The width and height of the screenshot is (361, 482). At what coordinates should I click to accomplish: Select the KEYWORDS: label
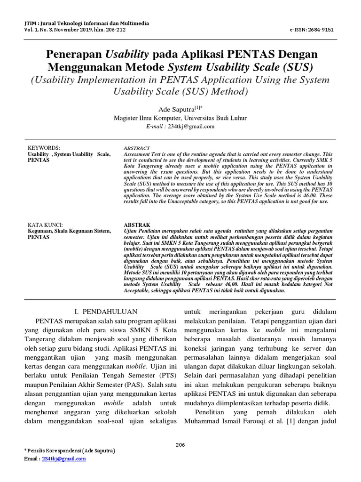tap(44, 148)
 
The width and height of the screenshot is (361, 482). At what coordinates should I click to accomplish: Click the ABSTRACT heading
tap(137, 148)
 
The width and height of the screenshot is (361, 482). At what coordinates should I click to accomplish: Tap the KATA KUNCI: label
tap(46, 225)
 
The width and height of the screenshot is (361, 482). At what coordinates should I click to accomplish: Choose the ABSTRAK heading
tap(137, 225)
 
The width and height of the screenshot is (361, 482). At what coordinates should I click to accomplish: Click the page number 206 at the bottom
tap(180, 445)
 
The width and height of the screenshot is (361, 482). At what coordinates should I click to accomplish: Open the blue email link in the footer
tap(64, 458)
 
